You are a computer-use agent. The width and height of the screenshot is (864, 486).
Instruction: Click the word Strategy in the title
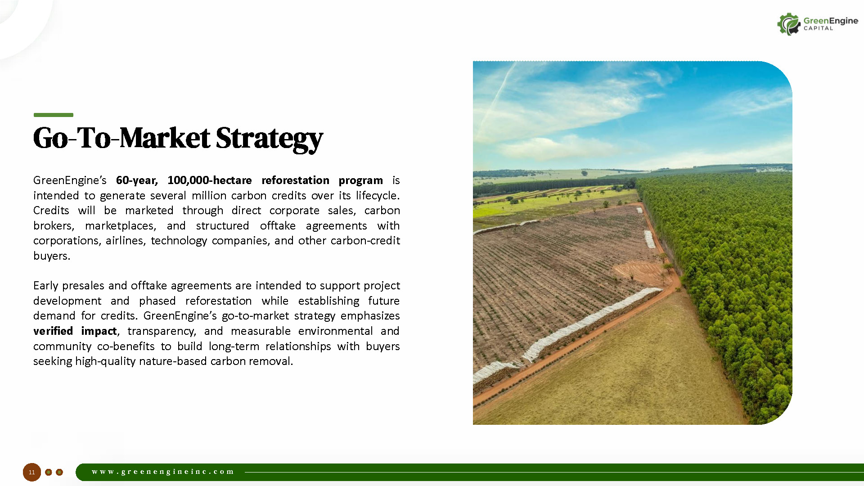coord(269,139)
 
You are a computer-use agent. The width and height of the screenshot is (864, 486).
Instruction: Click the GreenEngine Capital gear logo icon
coord(789,24)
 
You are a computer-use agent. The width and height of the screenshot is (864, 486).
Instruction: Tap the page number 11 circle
coord(31,472)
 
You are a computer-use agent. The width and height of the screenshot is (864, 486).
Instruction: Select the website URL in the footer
coord(163,472)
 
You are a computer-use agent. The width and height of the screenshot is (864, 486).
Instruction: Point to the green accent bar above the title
coord(53,115)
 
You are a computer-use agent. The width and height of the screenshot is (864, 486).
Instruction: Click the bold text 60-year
coord(137,180)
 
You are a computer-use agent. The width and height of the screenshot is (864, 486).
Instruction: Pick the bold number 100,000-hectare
coord(209,180)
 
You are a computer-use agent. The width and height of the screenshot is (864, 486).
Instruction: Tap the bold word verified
coord(53,331)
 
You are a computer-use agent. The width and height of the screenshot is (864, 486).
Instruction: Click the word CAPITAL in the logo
coord(818,28)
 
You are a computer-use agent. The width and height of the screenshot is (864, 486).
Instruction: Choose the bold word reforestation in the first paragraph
coord(295,180)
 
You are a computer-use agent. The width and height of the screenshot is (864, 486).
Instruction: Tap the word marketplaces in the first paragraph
coord(121,226)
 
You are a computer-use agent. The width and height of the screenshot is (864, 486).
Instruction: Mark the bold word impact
coord(99,331)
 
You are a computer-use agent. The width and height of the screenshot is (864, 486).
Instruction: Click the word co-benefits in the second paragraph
coord(126,346)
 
